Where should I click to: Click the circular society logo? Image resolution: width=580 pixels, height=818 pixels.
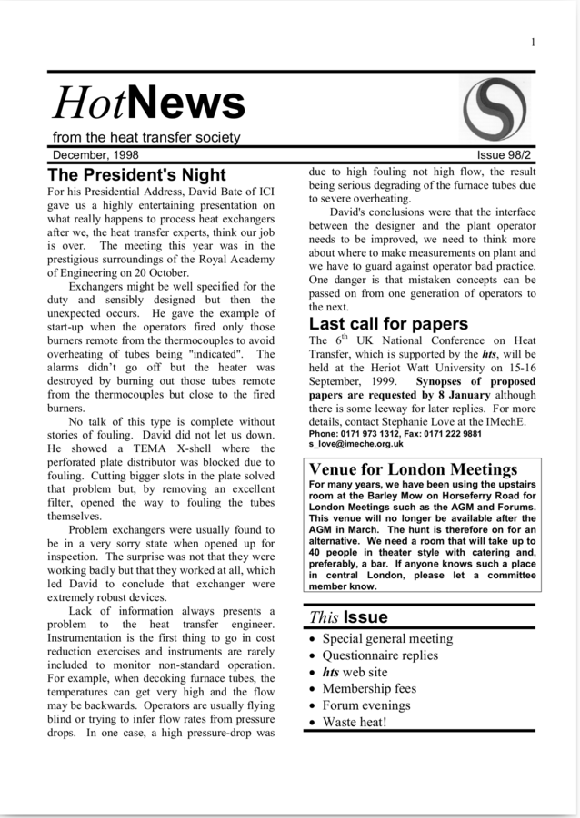pos(495,108)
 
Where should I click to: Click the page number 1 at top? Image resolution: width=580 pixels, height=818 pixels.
pos(533,42)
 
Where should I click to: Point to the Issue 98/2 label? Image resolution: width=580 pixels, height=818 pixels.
pos(506,154)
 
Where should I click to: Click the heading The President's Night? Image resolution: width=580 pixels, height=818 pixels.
pos(136,174)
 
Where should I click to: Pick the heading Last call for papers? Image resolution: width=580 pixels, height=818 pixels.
pos(388,323)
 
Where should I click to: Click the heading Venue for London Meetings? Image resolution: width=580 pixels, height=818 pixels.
pos(413,469)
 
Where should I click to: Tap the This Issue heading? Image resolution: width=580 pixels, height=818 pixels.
pos(348,617)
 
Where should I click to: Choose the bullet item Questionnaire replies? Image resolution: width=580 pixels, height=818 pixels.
pos(380,655)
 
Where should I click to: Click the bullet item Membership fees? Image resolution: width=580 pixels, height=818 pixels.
pos(367,689)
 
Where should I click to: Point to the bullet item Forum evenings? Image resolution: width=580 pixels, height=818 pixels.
pos(366,705)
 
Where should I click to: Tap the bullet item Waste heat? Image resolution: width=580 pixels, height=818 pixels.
pos(355,723)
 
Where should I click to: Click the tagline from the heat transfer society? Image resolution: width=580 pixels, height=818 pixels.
pos(145,138)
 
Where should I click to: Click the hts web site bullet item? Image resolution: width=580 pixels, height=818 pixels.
pos(355,672)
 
